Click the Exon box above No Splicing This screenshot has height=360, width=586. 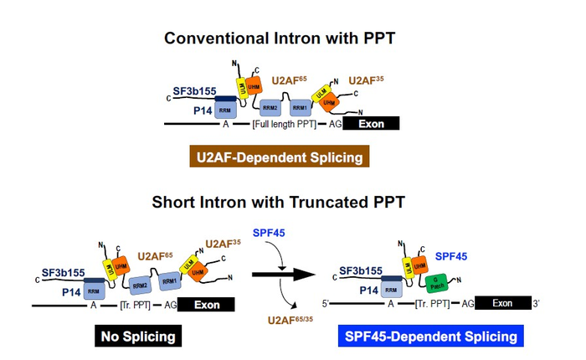[x=206, y=306]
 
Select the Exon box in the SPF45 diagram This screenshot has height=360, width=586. [x=501, y=303]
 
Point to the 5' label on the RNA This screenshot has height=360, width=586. [x=327, y=303]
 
